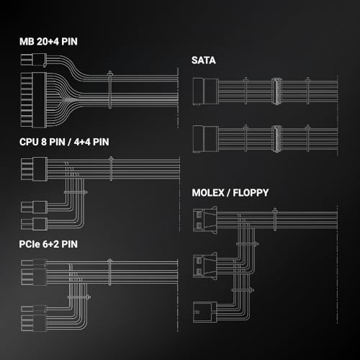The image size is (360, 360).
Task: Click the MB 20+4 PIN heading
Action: (x=48, y=42)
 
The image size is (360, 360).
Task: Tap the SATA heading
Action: (x=204, y=60)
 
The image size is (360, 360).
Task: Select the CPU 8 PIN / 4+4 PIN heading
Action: (x=64, y=142)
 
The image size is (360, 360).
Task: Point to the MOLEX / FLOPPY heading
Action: (x=230, y=193)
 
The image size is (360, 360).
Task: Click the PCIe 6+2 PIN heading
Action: (x=48, y=244)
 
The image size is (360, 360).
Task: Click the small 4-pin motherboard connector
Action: (x=34, y=60)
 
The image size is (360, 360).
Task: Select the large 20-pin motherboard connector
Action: (x=34, y=100)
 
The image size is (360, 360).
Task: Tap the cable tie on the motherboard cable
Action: (x=110, y=90)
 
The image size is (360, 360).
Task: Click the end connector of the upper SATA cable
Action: (x=206, y=91)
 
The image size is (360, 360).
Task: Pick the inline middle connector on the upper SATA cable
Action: (x=276, y=91)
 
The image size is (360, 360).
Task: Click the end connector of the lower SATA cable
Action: (x=206, y=139)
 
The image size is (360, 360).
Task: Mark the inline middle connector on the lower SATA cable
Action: (x=276, y=139)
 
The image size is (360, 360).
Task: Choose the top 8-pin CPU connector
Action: (x=34, y=168)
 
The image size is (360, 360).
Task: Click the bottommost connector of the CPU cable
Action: (x=34, y=224)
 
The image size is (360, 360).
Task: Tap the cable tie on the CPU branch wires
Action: (x=76, y=192)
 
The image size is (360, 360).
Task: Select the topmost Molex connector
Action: (x=205, y=220)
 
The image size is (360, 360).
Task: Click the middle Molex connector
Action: (x=205, y=266)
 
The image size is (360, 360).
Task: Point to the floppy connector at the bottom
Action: (x=205, y=312)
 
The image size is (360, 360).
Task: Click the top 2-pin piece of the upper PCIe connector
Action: (x=34, y=263)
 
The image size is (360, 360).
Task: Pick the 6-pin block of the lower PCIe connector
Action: (x=34, y=323)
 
